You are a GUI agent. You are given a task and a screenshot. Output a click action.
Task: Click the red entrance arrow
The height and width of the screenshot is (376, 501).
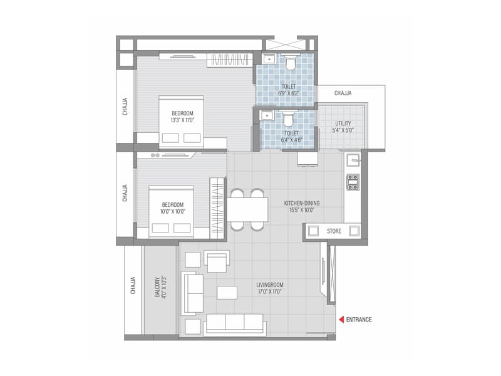[x=341, y=320]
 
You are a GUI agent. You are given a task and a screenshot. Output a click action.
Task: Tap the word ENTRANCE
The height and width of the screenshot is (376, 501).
[x=359, y=320]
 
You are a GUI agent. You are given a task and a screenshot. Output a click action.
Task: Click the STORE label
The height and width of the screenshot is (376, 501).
[x=334, y=231]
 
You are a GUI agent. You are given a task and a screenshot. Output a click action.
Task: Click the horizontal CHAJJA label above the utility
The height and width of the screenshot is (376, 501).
[x=343, y=93]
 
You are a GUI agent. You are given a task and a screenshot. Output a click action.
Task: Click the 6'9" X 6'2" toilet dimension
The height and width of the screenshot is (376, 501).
[x=289, y=94]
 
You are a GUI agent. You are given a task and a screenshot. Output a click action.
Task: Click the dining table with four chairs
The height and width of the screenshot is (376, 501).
[x=247, y=209]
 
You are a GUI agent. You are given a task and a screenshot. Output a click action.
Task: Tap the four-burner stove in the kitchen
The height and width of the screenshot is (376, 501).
[x=353, y=182]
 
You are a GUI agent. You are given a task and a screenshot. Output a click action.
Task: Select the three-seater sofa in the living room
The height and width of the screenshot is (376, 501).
[x=235, y=324]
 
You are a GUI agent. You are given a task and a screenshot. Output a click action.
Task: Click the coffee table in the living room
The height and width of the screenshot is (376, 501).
[x=227, y=293]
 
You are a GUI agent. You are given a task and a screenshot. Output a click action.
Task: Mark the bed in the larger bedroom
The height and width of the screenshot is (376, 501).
[x=181, y=122]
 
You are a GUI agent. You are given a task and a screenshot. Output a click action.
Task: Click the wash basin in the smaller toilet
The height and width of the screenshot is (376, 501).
[x=266, y=115]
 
